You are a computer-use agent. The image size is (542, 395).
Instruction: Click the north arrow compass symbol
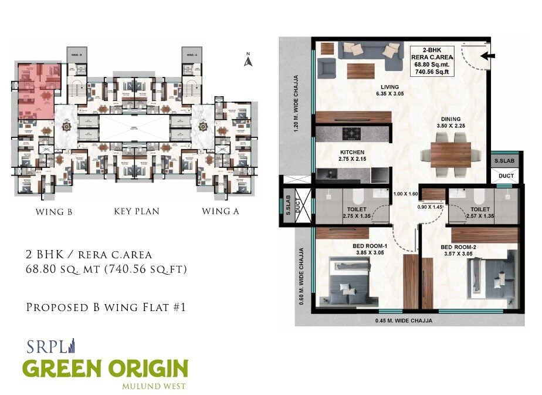click(248, 59)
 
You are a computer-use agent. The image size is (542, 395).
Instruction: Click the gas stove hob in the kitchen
click(351, 133)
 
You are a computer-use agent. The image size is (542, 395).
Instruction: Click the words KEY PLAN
click(137, 211)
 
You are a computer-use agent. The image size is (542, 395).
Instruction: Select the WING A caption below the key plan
click(220, 211)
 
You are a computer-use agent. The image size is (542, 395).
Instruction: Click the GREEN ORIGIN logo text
click(105, 369)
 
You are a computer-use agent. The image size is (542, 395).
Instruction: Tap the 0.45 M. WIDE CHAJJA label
click(403, 320)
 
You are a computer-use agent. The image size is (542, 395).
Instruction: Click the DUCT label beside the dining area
click(506, 175)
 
